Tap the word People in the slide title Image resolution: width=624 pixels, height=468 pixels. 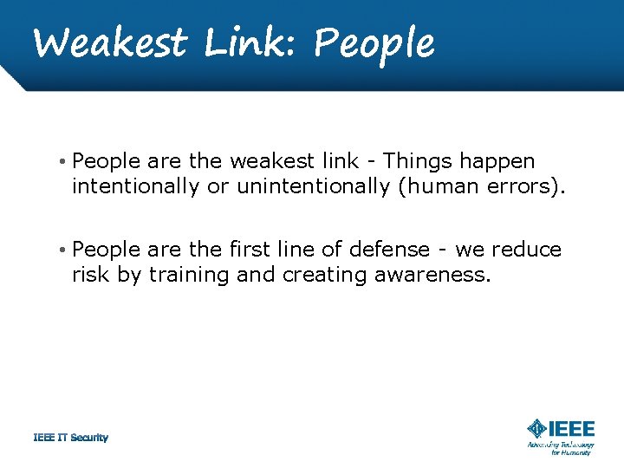[x=374, y=42]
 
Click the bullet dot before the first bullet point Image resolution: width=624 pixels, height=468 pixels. [x=64, y=162]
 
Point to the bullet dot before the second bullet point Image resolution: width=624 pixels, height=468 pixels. [x=64, y=250]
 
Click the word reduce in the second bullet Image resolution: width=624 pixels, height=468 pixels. [x=527, y=250]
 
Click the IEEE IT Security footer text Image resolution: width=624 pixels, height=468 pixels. [x=70, y=438]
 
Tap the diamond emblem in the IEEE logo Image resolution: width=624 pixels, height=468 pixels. [x=537, y=429]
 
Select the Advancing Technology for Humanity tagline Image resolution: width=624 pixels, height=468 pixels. [x=561, y=447]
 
